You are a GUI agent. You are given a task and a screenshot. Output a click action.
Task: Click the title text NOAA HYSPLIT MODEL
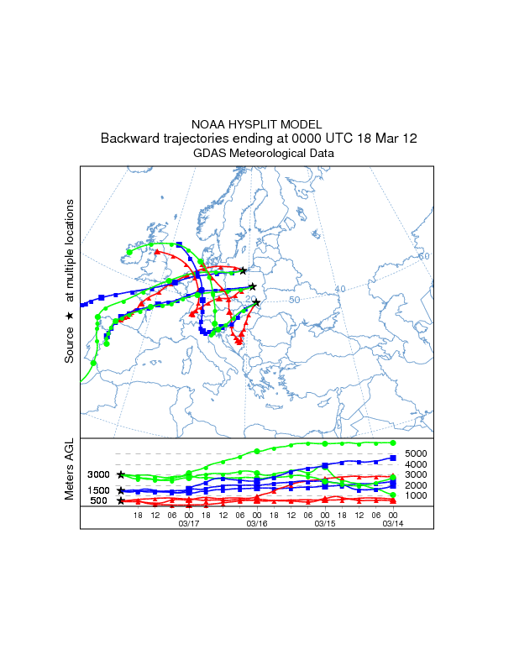(257, 124)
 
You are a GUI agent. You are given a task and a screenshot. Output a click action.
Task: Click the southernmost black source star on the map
(256, 303)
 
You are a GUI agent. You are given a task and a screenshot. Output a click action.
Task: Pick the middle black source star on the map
(252, 286)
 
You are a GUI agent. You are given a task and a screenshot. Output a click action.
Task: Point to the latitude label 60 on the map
(424, 256)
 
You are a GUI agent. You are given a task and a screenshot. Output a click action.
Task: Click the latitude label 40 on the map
(340, 289)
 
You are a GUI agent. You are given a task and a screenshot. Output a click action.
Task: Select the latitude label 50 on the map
(295, 300)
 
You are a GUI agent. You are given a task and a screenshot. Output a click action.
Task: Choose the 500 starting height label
(99, 501)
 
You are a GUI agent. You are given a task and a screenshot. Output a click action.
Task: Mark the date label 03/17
(189, 522)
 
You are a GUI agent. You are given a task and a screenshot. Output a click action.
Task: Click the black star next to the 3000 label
(122, 475)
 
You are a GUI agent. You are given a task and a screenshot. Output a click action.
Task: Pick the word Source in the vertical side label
(70, 345)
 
